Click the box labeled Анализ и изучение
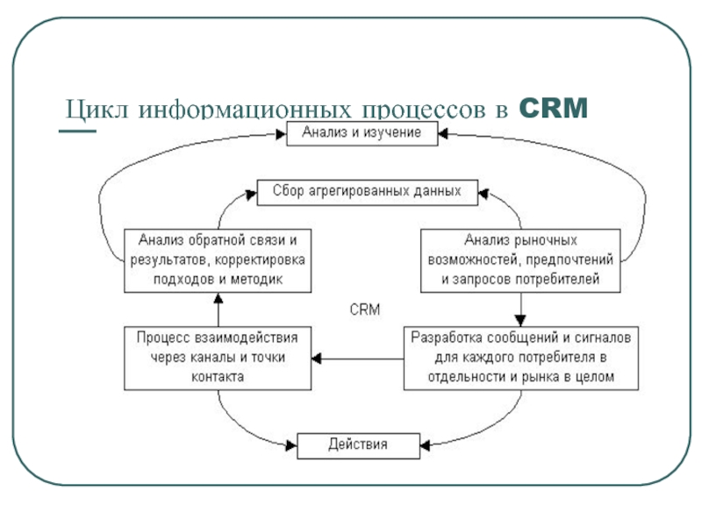point(362,134)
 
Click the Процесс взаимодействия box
point(217,357)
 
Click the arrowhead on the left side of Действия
point(291,445)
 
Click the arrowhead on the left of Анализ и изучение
point(282,134)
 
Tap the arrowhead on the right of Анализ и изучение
point(444,134)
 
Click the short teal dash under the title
point(76,132)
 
